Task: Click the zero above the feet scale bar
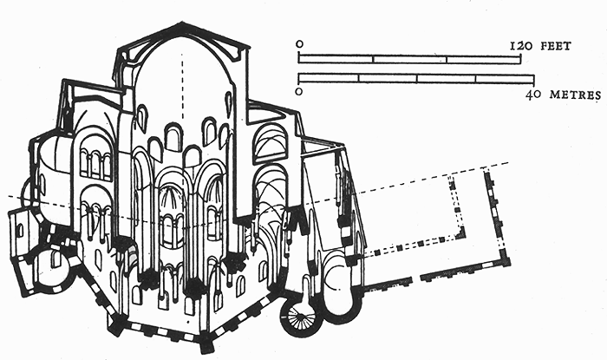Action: coord(299,43)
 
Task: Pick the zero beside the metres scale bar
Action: coord(299,90)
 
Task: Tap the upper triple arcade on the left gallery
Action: coord(95,161)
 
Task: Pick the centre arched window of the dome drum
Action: coord(173,137)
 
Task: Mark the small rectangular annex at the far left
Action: coord(18,234)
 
